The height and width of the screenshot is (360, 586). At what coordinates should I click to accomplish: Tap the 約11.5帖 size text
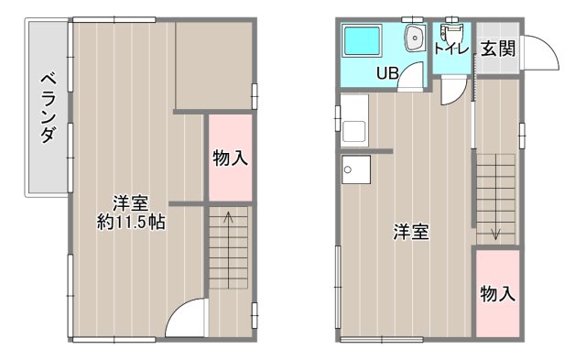[x=132, y=222]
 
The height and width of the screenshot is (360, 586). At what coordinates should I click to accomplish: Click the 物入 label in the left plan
[x=230, y=158]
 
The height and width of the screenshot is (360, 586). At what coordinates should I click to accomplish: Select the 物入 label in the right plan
[x=498, y=294]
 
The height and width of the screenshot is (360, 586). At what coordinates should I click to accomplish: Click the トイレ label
[x=451, y=49]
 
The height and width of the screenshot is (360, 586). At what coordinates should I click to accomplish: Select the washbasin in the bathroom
[x=414, y=38]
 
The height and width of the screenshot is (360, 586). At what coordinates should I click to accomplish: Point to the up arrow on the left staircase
[x=229, y=218]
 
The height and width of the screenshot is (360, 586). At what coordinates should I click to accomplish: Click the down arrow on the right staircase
[x=495, y=233]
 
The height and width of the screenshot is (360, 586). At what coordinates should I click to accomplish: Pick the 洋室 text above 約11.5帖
[x=132, y=202]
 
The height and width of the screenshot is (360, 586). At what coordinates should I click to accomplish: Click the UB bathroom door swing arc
[x=414, y=77]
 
